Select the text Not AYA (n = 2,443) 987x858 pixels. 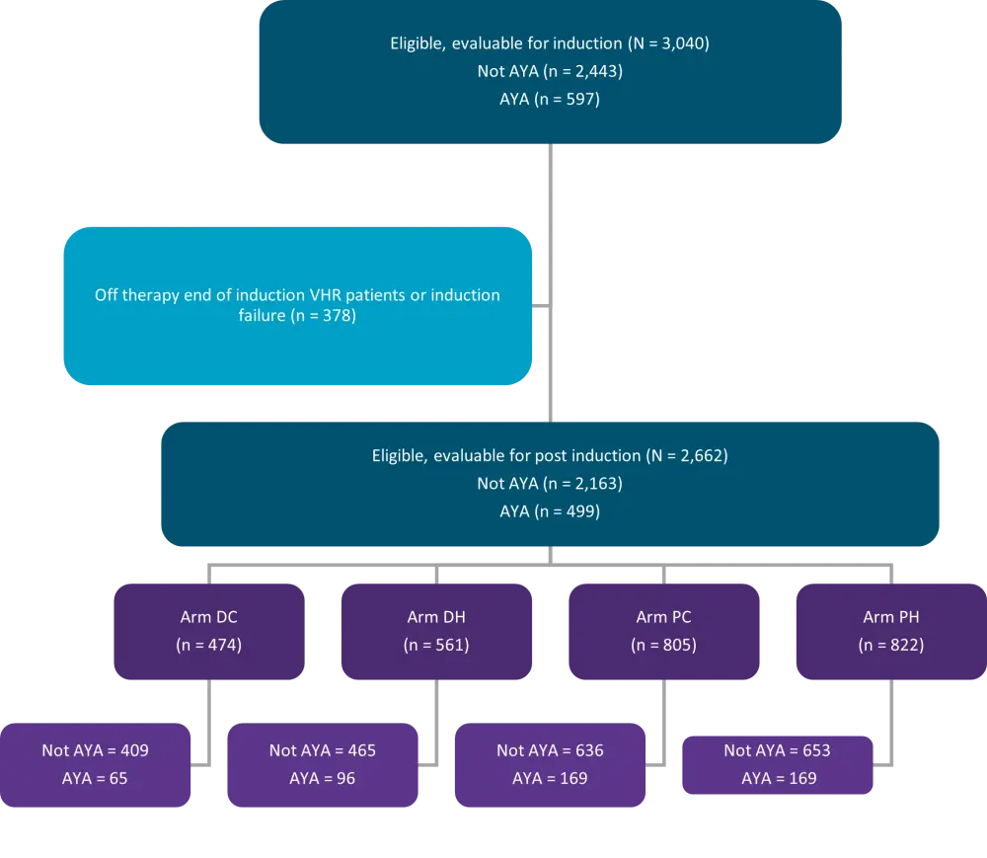click(549, 71)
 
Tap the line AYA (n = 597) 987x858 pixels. click(549, 100)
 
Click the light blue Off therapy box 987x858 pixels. click(298, 305)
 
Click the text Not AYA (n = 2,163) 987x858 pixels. click(549, 484)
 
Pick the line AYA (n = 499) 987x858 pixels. click(549, 511)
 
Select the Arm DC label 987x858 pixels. click(209, 617)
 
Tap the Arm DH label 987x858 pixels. click(436, 617)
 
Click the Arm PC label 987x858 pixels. click(663, 617)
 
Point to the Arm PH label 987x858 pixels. click(890, 617)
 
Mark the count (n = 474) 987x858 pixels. click(209, 646)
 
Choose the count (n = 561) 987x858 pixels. click(436, 646)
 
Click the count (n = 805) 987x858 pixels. click(663, 646)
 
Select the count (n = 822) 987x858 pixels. click(890, 646)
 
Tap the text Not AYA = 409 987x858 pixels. click(95, 750)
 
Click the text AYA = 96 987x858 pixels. click(323, 778)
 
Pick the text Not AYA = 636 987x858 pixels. click(550, 750)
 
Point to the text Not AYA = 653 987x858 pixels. click(777, 750)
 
